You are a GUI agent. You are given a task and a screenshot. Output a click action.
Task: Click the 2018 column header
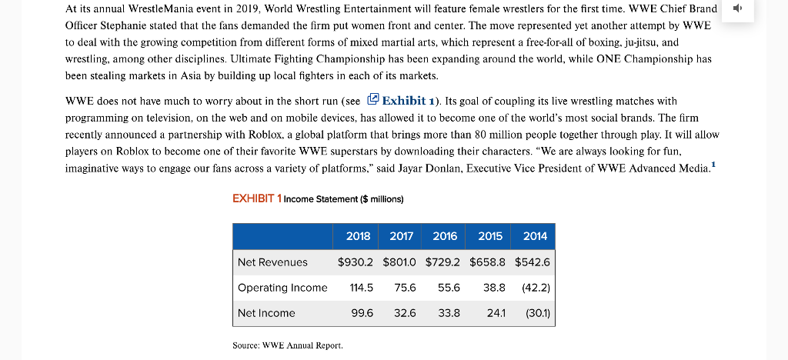coord(358,236)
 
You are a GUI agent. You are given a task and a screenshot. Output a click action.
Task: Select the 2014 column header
coord(535,236)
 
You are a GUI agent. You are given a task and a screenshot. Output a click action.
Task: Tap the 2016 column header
coord(445,236)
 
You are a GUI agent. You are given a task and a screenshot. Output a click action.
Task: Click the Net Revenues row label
coord(272,262)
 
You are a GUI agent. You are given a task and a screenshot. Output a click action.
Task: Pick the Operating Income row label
coord(282,288)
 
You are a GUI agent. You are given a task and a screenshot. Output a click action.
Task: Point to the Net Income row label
coord(266,313)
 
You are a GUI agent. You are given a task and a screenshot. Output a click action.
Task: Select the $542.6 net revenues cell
coord(533,262)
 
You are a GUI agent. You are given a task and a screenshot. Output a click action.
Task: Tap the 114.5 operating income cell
coord(360,288)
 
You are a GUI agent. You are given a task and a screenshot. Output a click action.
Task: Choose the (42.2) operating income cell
coord(536,288)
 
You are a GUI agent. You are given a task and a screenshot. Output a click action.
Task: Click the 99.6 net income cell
coord(362,313)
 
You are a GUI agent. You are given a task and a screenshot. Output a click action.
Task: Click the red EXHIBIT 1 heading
coord(256,198)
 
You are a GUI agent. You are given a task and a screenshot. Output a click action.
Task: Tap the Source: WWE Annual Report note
coord(287,345)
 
